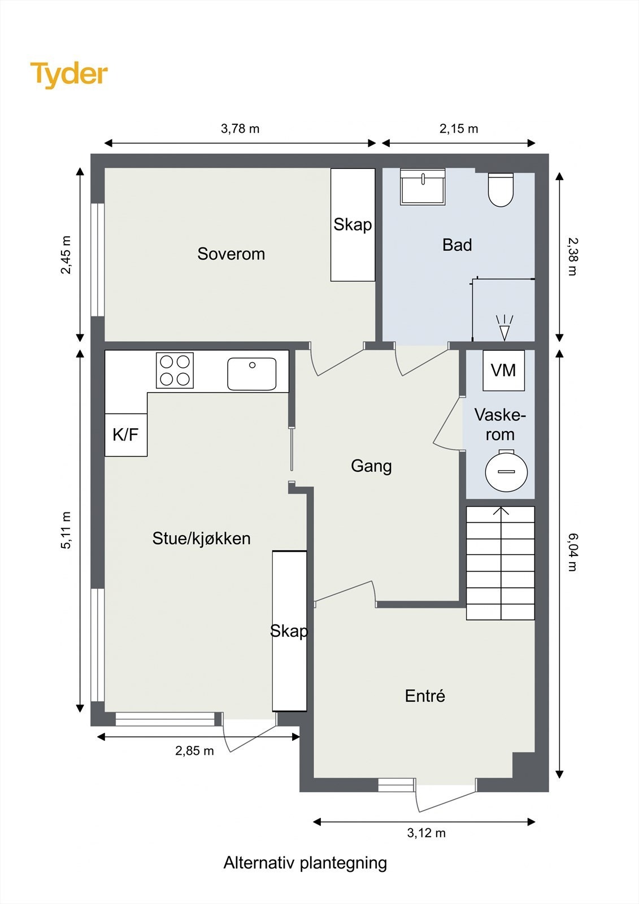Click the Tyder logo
pyautogui.click(x=69, y=75)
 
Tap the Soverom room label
pyautogui.click(x=231, y=254)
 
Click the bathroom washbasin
pyautogui.click(x=423, y=186)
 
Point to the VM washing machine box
pyautogui.click(x=504, y=370)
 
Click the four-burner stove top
pyautogui.click(x=175, y=371)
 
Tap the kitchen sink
pyautogui.click(x=252, y=373)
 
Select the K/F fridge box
pyautogui.click(x=126, y=434)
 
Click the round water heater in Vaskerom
pyautogui.click(x=506, y=471)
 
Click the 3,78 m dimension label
pyautogui.click(x=240, y=129)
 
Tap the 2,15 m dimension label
pyautogui.click(x=459, y=129)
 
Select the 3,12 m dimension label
pyautogui.click(x=426, y=833)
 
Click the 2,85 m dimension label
pyautogui.click(x=194, y=751)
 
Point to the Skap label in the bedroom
pyautogui.click(x=353, y=225)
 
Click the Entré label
pyautogui.click(x=425, y=696)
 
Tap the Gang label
pyautogui.click(x=371, y=466)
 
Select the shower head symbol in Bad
pyautogui.click(x=504, y=328)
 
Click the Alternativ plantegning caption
pyautogui.click(x=305, y=863)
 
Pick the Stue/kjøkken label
pyautogui.click(x=202, y=539)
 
